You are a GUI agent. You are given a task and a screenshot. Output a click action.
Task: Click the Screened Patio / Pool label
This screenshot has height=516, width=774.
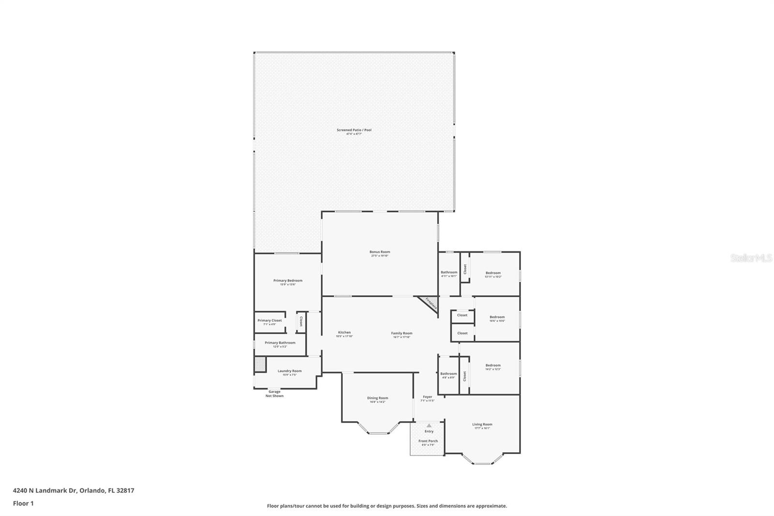354,130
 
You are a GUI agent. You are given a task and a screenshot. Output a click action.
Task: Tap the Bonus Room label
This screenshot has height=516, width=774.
380,252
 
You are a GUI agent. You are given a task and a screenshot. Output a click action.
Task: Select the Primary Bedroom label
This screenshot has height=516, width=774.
288,281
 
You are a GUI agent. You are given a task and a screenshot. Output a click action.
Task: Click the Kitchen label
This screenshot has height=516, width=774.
344,333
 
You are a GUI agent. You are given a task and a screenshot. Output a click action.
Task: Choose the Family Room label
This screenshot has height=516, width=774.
402,333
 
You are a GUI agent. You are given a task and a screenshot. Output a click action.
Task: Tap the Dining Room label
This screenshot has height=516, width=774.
377,398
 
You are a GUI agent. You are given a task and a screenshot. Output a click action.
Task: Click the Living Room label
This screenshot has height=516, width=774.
482,425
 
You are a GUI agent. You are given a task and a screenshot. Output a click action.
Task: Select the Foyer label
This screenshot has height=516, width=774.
428,397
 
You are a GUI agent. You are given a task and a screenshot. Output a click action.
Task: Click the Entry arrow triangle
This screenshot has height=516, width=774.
429,425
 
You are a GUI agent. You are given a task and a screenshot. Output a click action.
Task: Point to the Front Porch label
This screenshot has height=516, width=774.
428,441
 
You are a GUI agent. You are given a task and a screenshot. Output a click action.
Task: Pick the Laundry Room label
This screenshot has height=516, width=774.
289,371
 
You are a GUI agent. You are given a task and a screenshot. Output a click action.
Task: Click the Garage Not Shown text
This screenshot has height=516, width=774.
274,394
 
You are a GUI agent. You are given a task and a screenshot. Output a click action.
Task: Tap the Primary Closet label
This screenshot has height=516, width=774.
269,320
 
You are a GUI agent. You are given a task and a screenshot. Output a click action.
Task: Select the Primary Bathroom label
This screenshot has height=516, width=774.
280,343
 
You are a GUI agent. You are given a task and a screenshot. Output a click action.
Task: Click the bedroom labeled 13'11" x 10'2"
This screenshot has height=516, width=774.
493,273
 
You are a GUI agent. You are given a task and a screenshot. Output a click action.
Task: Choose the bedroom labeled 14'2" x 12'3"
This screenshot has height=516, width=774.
493,365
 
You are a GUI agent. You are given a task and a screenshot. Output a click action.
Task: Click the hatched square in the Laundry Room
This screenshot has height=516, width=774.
260,364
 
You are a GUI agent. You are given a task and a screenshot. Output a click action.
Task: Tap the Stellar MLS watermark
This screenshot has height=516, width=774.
751,258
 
